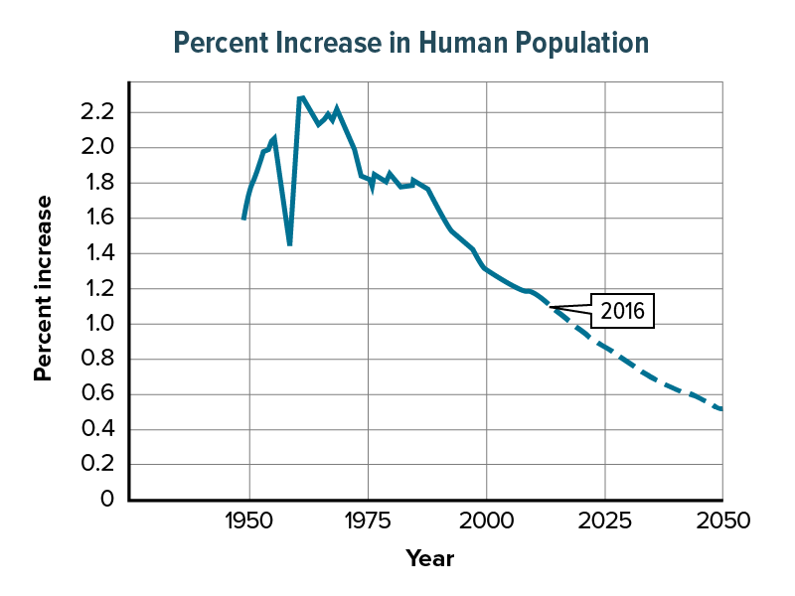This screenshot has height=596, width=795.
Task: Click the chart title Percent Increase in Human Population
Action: tap(410, 43)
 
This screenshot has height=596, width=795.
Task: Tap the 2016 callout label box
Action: tap(623, 311)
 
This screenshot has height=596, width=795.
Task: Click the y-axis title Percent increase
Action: tap(43, 288)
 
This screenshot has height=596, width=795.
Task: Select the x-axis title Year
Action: tap(429, 559)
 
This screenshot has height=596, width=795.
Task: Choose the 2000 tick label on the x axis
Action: tap(486, 521)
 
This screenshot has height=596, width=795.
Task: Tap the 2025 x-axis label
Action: tap(605, 521)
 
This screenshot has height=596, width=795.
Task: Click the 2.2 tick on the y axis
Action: tap(98, 112)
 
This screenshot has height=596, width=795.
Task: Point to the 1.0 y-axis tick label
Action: tap(98, 324)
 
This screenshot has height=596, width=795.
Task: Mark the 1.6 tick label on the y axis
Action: tap(98, 219)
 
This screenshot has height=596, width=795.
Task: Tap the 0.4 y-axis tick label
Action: tap(98, 429)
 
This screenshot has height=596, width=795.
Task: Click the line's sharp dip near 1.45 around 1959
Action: tap(289, 243)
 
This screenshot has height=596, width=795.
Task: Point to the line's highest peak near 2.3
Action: tap(301, 97)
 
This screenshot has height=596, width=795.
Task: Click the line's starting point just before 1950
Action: tap(243, 219)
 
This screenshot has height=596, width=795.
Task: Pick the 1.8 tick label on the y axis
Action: tap(98, 183)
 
